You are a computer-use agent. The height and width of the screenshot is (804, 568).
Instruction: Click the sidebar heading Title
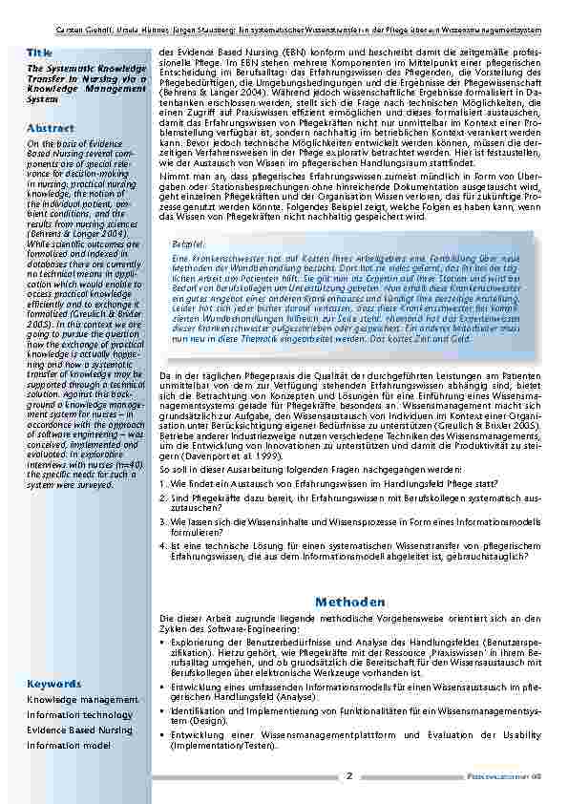pos(40,52)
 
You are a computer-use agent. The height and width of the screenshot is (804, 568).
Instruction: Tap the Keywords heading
pos(53,684)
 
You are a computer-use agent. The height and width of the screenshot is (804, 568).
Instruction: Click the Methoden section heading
pos(349,602)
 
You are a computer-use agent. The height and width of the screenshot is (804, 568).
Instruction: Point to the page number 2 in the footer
pos(350,775)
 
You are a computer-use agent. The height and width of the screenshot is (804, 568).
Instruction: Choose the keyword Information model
pos(68,745)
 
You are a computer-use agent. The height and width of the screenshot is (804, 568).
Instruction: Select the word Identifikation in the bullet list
pos(198,710)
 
